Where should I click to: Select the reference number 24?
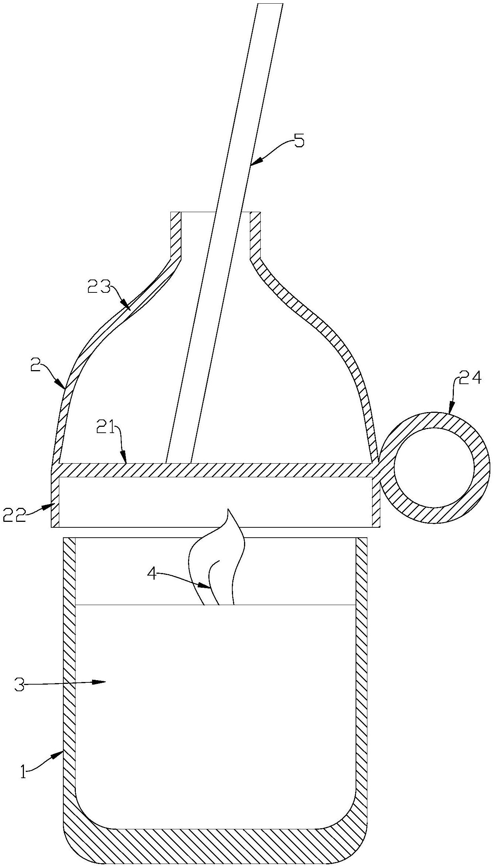pyautogui.click(x=470, y=377)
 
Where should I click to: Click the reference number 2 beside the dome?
pyautogui.click(x=35, y=367)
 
